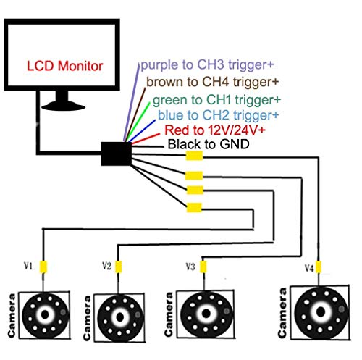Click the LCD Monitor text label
pos(64,66)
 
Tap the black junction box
pos(116,154)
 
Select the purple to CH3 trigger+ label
pos(207,64)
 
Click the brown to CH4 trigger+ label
pos(212,82)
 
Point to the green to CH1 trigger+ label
pos(216,100)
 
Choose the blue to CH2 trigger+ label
pos(219,115)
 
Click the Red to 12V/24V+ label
pos(215,130)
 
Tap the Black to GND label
pos(209,144)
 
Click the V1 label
pos(28,266)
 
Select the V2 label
pos(106,266)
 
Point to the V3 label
pos(190,267)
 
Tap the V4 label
pos(309,268)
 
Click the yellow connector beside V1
pos(43,267)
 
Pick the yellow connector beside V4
pos(319,267)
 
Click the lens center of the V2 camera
pos(120,317)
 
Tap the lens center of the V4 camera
pos(321,312)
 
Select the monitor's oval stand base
pos(63,106)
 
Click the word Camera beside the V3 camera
pos(169,314)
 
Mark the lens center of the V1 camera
pos(45,314)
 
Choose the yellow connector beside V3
pos(203,267)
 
